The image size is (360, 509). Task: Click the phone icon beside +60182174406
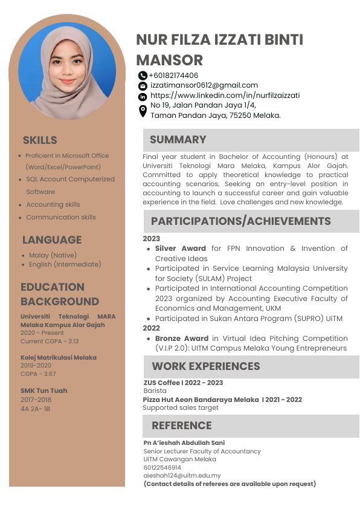click(143, 76)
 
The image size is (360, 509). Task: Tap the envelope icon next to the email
click(143, 86)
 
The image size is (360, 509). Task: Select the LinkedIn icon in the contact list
click(143, 96)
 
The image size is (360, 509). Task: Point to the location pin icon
click(143, 111)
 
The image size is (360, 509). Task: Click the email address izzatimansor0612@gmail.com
click(204, 85)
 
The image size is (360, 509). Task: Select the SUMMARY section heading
click(178, 140)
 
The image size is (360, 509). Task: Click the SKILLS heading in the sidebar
click(40, 140)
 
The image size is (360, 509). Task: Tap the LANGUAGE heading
click(51, 240)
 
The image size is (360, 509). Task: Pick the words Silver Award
click(180, 248)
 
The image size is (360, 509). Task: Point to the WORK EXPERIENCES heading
click(205, 366)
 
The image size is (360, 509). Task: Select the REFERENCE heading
click(181, 426)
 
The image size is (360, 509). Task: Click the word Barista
click(156, 391)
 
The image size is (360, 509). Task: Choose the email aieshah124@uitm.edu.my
click(182, 476)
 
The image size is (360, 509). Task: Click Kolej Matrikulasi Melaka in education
click(58, 358)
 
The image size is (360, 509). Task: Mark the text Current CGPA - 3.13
click(50, 342)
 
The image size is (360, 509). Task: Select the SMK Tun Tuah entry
click(43, 391)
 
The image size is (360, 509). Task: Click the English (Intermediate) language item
click(65, 264)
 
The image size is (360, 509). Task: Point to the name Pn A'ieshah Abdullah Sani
click(184, 443)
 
